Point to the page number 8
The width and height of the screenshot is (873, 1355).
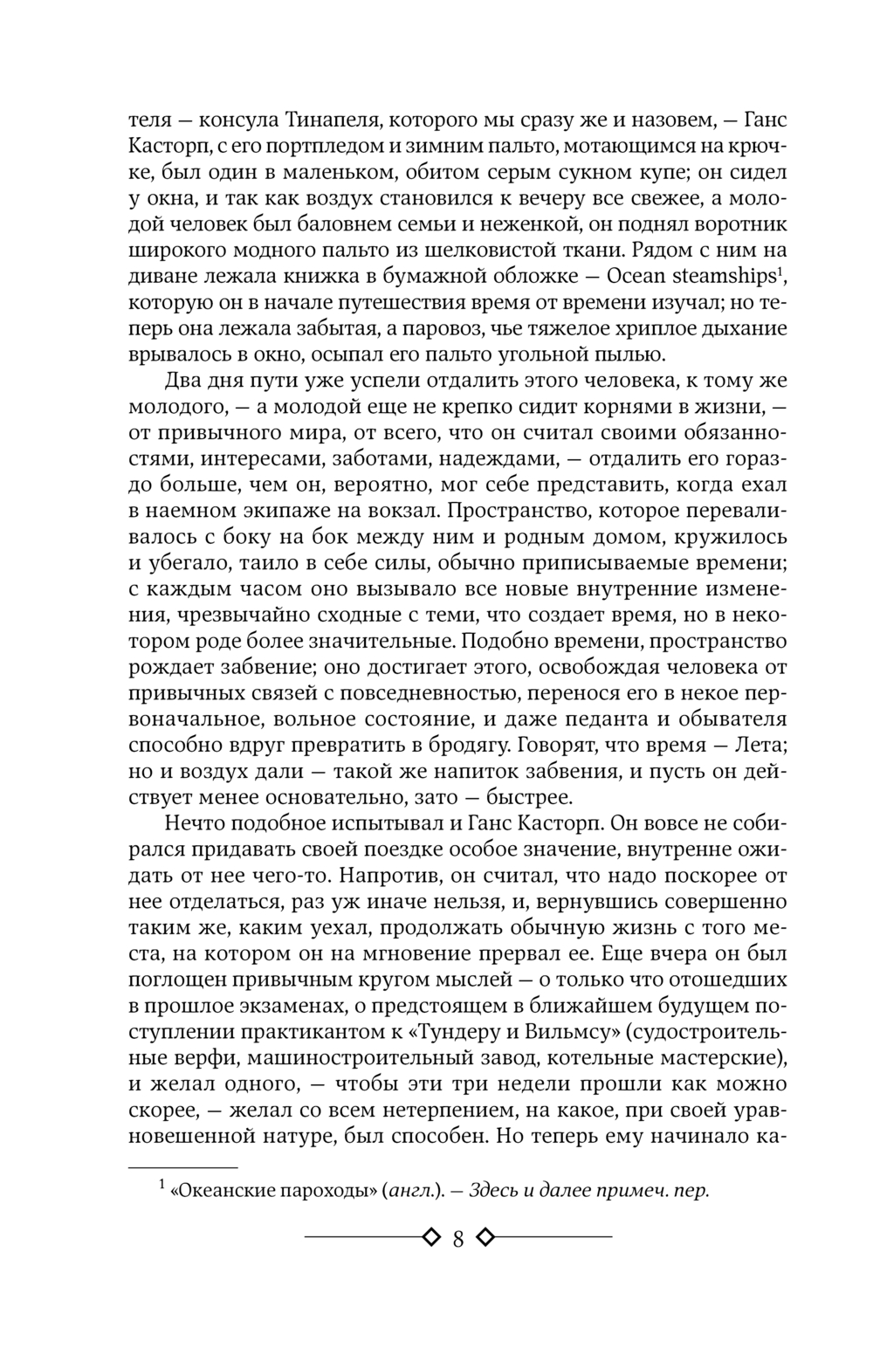pos(457,1238)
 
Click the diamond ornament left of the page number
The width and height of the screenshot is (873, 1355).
pos(430,1237)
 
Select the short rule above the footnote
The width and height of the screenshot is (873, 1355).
pos(182,1166)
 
